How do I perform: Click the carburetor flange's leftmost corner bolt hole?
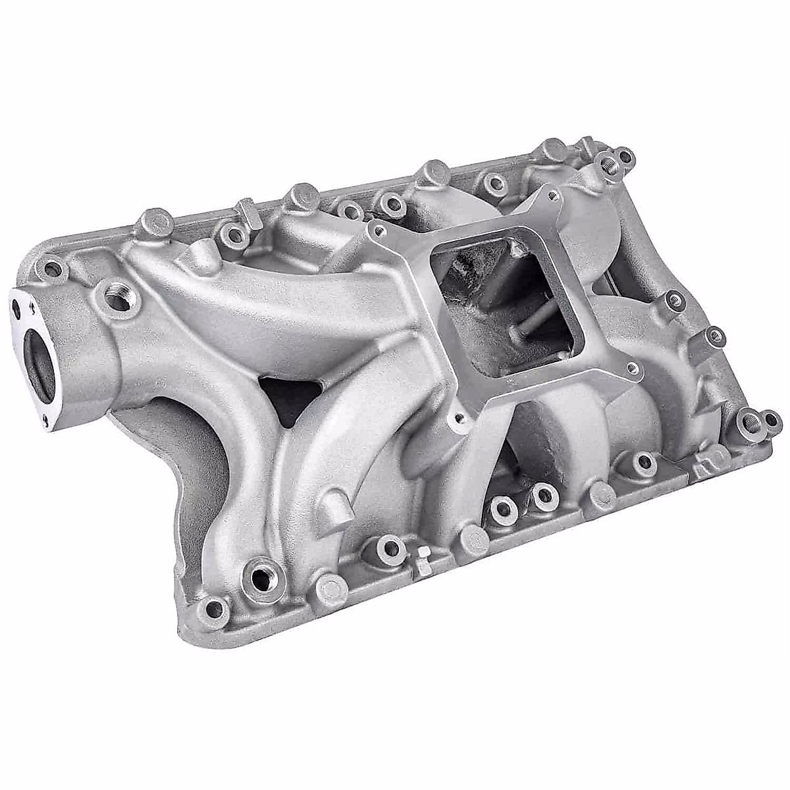click(378, 230)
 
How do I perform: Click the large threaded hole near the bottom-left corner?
click(262, 578)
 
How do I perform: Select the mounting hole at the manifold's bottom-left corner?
click(212, 607)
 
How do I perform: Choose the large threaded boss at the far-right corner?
click(749, 422)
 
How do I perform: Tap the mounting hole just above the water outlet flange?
click(51, 269)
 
